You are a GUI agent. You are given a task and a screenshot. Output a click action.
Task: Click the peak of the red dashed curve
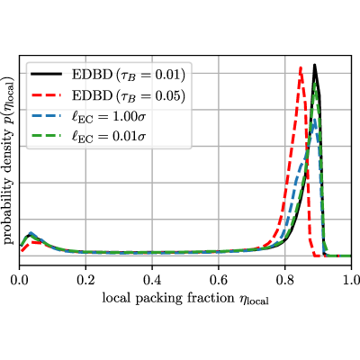[x=301, y=67]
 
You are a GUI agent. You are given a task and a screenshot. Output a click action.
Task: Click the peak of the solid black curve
[x=314, y=65]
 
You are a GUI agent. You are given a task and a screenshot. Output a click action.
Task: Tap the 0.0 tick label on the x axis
[x=19, y=280]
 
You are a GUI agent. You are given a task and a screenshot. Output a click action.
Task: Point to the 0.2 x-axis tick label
[x=85, y=280]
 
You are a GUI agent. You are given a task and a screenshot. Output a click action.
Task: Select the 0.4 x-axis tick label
[x=152, y=280]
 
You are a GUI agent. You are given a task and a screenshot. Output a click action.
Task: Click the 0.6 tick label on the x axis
[x=219, y=280]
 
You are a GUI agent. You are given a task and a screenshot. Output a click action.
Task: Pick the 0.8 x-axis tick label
[x=285, y=280]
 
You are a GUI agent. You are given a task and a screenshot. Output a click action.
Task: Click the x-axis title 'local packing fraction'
[x=168, y=298]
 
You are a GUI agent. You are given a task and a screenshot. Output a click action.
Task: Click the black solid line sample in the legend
[x=46, y=74]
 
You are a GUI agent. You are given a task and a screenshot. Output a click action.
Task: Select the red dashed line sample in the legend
[x=46, y=94]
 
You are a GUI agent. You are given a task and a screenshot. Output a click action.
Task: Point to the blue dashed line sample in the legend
[x=46, y=115]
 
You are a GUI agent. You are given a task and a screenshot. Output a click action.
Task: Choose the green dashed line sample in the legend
[x=46, y=136]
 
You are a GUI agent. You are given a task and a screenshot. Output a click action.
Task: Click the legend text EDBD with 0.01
[x=129, y=75]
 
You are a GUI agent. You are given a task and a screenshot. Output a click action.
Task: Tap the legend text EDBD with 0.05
[x=129, y=95]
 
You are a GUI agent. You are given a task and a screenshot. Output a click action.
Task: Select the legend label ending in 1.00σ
[x=109, y=117]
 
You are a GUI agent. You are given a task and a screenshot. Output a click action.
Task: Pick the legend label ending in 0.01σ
[x=109, y=137]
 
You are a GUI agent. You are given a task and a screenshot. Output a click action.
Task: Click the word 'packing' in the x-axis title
[x=158, y=299]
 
